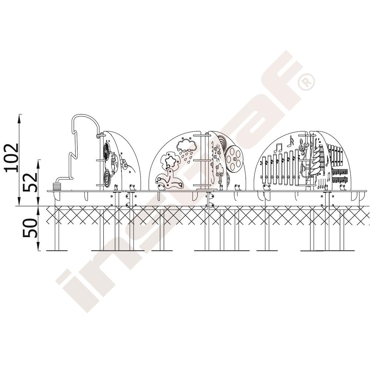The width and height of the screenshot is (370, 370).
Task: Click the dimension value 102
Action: pyautogui.click(x=11, y=158)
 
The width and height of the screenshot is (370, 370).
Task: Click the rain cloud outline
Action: pyautogui.click(x=186, y=145)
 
